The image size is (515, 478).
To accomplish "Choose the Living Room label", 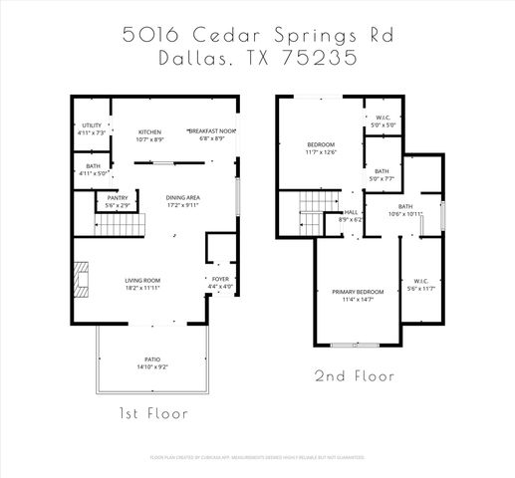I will [143, 284].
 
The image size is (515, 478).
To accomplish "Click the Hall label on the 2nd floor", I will [351, 215].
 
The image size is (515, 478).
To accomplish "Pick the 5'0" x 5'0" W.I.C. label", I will [384, 122].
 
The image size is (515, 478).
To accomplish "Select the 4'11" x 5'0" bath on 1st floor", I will [92, 170].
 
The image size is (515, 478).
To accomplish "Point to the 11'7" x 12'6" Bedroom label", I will [320, 149].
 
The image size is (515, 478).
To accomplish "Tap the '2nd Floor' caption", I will [355, 377].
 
